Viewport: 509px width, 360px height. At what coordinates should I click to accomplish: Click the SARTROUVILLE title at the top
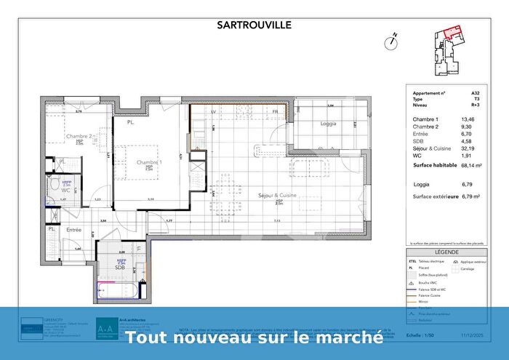pyautogui.click(x=254, y=24)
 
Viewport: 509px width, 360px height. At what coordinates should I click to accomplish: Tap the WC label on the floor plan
pyautogui.click(x=65, y=191)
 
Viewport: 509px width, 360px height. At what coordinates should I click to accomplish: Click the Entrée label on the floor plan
pyautogui.click(x=73, y=230)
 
